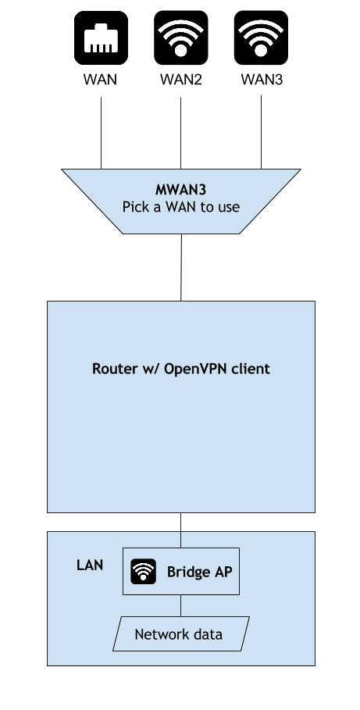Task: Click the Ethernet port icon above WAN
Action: [101, 38]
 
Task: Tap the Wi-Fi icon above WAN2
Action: [180, 38]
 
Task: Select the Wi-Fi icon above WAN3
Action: [261, 38]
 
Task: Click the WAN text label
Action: [101, 80]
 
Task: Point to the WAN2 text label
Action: [180, 80]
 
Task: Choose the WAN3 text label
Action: [262, 80]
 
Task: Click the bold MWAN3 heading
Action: [180, 189]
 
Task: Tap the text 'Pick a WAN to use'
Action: [180, 207]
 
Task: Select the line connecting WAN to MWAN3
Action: [101, 133]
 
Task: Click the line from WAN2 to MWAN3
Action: [180, 133]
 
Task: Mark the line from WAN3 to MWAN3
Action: [261, 132]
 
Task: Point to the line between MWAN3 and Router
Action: [181, 267]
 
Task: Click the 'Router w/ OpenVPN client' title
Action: [180, 369]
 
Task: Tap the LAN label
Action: [90, 565]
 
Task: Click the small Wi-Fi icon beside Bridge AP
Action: [144, 572]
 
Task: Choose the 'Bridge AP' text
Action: [199, 572]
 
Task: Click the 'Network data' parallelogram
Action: [181, 634]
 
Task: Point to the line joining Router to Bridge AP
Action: [180, 530]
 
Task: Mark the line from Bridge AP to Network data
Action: [180, 605]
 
